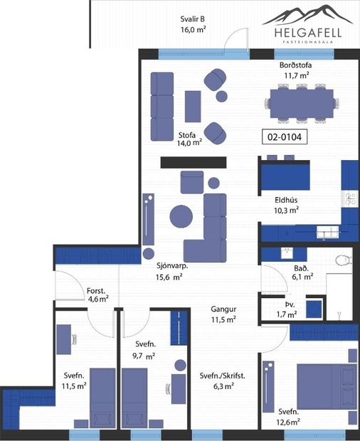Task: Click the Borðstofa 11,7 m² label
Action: point(295,70)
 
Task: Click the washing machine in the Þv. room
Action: point(312,307)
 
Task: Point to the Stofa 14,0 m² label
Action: point(189,138)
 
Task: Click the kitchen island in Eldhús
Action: point(285,175)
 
